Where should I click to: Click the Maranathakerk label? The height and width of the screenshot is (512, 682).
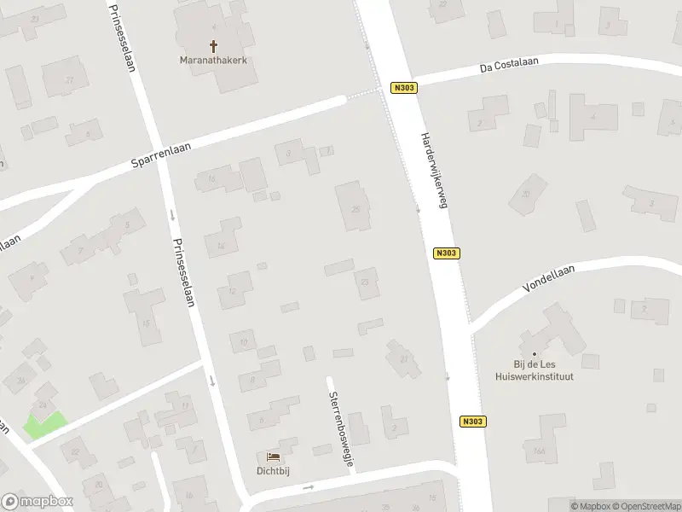(x=213, y=60)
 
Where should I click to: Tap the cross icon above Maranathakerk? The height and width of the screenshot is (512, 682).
(x=213, y=45)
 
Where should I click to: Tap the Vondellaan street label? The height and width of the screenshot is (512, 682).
(x=550, y=280)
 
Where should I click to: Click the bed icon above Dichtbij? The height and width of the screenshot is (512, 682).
(x=273, y=457)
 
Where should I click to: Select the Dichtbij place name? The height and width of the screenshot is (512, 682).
(x=273, y=470)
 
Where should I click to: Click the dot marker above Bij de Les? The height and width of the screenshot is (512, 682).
(x=535, y=353)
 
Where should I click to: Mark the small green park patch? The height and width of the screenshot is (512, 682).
(x=44, y=424)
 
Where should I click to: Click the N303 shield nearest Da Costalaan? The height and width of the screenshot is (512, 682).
(x=403, y=88)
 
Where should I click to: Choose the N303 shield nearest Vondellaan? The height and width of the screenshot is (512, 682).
(x=447, y=253)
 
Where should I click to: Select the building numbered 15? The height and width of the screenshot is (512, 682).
(x=211, y=179)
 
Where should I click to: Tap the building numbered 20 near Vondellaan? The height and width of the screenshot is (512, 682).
(x=527, y=194)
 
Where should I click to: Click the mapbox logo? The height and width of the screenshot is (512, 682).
(x=38, y=502)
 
